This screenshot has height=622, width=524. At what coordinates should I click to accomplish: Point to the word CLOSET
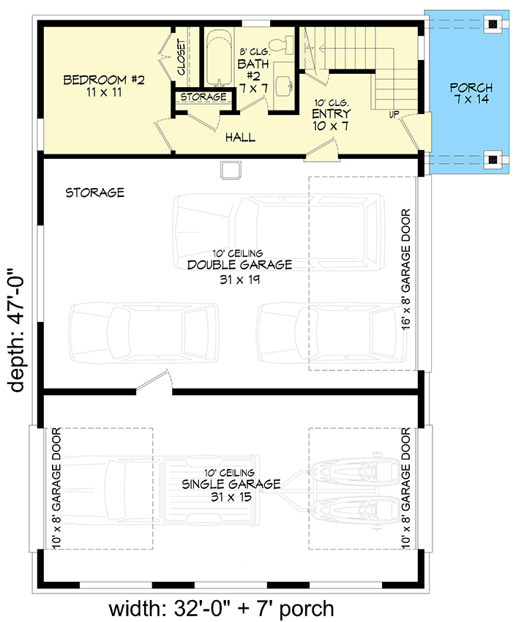pos(181,56)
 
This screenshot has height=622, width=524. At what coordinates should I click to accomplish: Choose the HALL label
pos(240,137)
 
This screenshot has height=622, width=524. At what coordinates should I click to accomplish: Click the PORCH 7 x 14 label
pos(470,94)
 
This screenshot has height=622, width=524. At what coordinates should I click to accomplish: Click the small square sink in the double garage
pos(231,170)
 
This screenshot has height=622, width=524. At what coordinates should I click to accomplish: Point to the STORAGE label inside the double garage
pos(94,193)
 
